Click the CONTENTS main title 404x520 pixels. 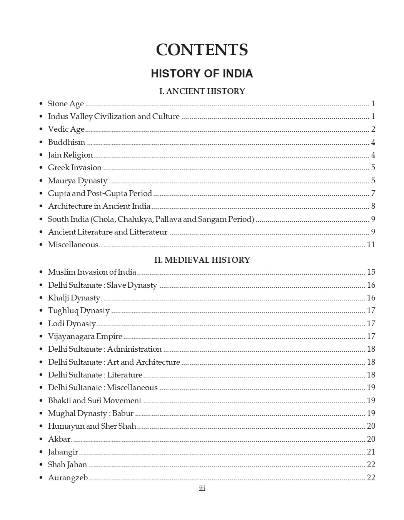point(202,50)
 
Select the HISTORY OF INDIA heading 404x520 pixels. point(202,74)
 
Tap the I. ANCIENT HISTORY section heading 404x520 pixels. point(202,91)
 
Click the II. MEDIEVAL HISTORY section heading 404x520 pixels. point(202,260)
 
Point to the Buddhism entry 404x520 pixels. point(67,142)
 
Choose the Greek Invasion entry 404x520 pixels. point(75,168)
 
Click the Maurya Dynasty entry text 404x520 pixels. point(77,181)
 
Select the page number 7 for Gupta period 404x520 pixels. point(373,193)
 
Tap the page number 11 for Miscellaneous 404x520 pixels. point(371,245)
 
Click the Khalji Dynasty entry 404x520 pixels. point(74,298)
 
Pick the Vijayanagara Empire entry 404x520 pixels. point(85,336)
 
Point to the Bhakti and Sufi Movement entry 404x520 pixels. point(95,401)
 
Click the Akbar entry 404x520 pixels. point(59,439)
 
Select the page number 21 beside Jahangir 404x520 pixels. point(371,452)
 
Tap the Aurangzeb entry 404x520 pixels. point(68,478)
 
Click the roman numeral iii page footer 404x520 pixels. point(202,488)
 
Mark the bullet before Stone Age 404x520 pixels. point(41,104)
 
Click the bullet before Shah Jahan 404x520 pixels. point(41,465)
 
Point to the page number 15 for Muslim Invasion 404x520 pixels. point(371,272)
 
